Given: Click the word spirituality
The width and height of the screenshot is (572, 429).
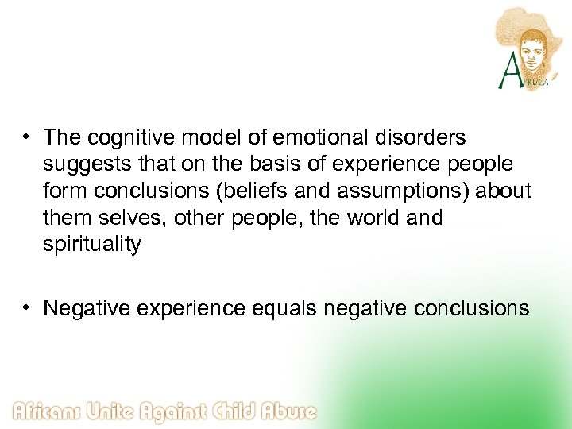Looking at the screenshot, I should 92,244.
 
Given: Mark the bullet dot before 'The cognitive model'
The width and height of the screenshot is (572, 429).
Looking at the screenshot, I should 27,138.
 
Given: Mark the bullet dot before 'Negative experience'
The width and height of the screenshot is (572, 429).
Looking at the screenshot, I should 27,308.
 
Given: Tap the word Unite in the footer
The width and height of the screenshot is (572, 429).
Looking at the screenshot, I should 121,412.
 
